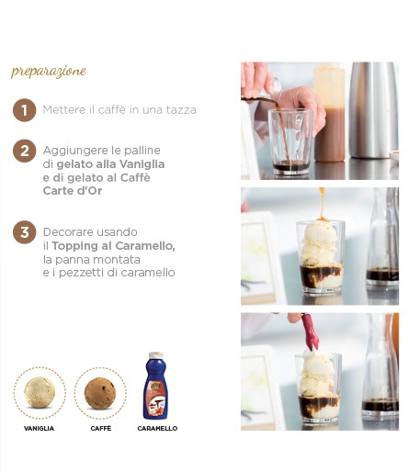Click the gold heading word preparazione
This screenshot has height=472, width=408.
(x=49, y=72)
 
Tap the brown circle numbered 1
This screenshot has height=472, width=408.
(x=25, y=110)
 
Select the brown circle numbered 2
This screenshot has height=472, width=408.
(x=25, y=151)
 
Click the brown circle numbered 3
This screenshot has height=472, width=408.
(x=25, y=232)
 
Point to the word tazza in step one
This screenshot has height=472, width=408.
(x=181, y=110)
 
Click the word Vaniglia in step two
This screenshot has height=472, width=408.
(x=142, y=164)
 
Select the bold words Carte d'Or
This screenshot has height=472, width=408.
(x=73, y=191)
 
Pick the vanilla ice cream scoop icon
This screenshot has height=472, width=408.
(x=40, y=392)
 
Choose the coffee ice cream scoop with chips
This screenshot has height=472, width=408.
(x=100, y=393)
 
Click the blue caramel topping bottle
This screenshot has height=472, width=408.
(x=155, y=386)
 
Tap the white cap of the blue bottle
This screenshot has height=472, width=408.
(x=156, y=355)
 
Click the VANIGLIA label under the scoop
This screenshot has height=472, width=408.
(x=40, y=429)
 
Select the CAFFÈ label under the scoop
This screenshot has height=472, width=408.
(x=101, y=429)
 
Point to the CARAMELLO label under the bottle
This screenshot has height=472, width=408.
(x=157, y=429)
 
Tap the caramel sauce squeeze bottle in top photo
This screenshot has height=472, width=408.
(x=330, y=113)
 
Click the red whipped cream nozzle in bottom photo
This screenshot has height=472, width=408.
(x=310, y=332)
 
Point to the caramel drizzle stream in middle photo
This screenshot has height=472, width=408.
(x=323, y=204)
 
